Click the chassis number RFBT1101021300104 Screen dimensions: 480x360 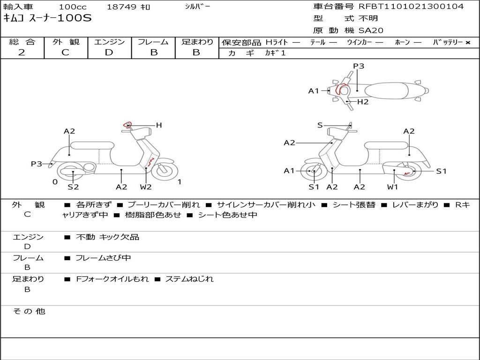tap(411, 7)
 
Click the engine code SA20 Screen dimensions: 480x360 tap(371, 30)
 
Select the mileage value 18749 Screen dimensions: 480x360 tap(121, 7)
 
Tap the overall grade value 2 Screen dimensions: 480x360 tap(22, 52)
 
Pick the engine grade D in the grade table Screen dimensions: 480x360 tap(109, 52)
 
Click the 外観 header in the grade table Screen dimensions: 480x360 tap(66, 42)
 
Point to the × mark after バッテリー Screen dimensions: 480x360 tap(467, 43)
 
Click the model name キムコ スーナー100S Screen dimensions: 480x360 tap(47, 18)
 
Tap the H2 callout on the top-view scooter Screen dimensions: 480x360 tap(363, 102)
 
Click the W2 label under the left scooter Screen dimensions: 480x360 tap(146, 187)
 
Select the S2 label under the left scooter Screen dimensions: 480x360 tap(73, 187)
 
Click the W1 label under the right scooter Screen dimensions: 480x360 tap(392, 187)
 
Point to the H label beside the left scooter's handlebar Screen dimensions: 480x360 tap(158, 125)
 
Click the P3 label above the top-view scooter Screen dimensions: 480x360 tap(359, 66)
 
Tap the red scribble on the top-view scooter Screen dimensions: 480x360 tap(340, 89)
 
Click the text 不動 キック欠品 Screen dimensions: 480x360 tap(107, 237)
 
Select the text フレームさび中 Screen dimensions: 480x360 tap(103, 258)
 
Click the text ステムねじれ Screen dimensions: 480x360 tap(189, 279)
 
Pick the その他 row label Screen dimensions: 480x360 tap(29, 311)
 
